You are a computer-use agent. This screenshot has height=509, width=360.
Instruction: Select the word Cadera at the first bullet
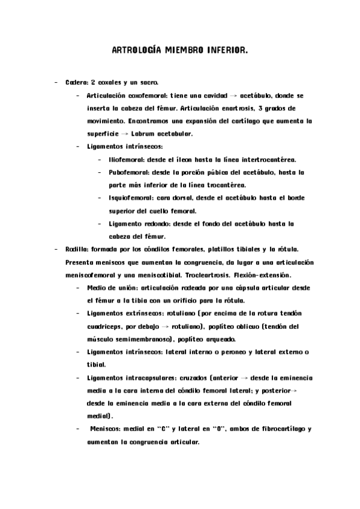[76, 82]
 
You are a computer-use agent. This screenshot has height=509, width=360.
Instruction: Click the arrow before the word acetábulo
[233, 95]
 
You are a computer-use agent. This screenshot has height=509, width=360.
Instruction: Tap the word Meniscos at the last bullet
[108, 429]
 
